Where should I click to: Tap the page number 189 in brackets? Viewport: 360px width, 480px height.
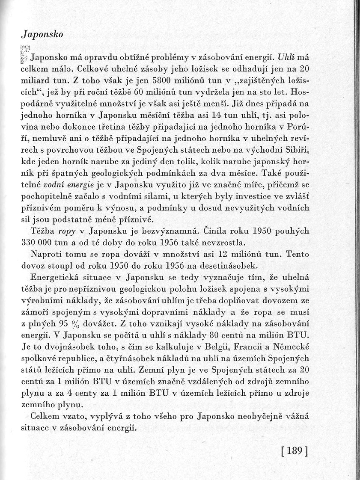pos(295,451)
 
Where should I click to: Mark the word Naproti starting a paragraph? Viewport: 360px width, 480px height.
pos(45,254)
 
